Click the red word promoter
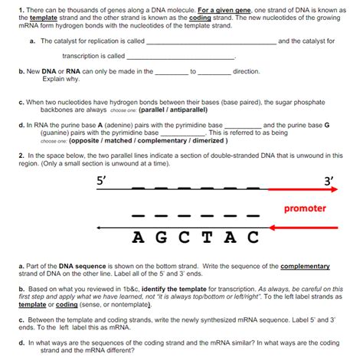pyautogui.click(x=305, y=208)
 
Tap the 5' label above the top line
pyautogui.click(x=101, y=181)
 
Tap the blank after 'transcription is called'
pyautogui.click(x=180, y=57)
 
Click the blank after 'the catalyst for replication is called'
pyautogui.click(x=211, y=41)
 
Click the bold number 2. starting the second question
pyautogui.click(x=20, y=155)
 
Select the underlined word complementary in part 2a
pyautogui.click(x=305, y=266)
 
